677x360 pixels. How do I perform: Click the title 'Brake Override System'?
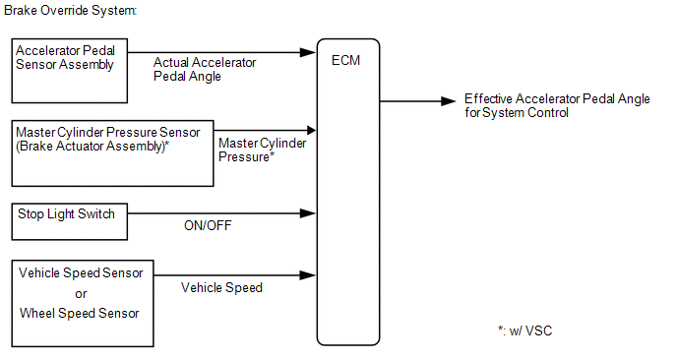point(71,11)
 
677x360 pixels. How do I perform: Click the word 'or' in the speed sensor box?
point(81,294)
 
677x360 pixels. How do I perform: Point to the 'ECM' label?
point(345,60)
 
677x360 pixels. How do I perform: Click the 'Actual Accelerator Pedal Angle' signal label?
point(205,69)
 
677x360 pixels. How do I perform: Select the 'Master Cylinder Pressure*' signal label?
point(262,150)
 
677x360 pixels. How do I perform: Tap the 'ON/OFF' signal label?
point(208,225)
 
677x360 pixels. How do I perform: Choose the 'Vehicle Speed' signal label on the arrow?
point(221,287)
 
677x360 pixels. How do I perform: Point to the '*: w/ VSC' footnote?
point(525,330)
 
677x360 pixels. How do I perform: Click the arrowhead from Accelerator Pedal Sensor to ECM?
point(308,53)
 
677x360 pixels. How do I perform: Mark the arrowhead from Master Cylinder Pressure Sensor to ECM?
point(311,130)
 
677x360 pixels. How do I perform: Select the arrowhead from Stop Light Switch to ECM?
point(308,213)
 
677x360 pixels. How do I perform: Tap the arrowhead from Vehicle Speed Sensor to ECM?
point(308,275)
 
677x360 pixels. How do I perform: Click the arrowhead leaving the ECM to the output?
point(448,101)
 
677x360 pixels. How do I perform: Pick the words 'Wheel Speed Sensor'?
point(80,313)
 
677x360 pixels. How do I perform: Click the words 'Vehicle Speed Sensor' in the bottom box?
point(81,272)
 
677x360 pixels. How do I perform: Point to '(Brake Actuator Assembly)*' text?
point(92,147)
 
